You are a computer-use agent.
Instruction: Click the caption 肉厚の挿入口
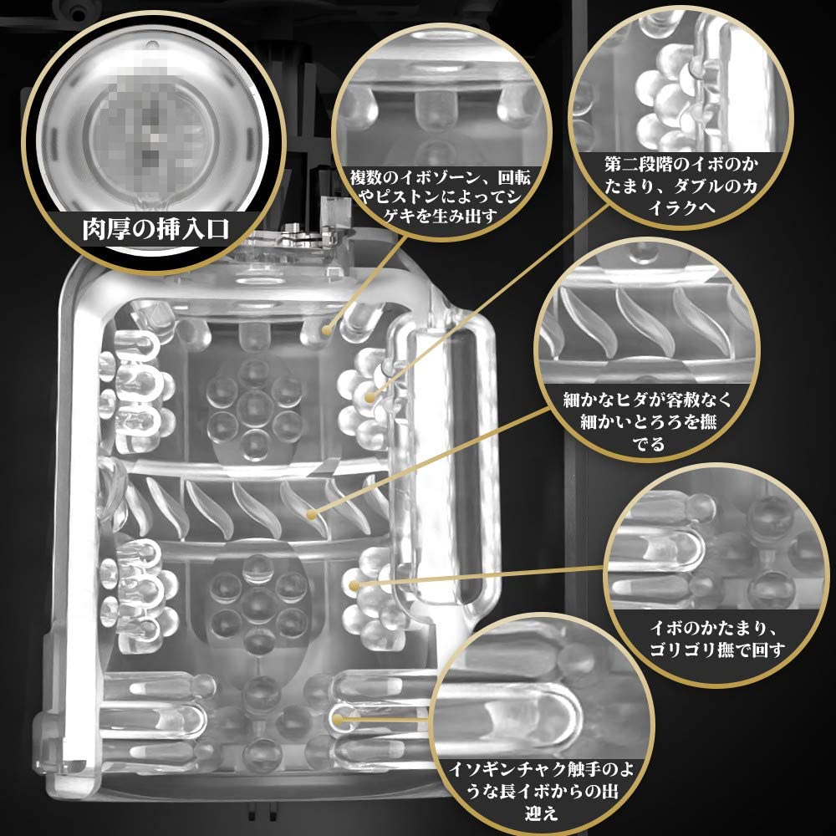coord(155,229)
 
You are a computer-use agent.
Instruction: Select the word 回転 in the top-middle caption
coord(514,177)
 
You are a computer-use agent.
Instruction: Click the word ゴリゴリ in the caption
coord(683,650)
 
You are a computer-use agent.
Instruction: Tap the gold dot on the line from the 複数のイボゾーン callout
coord(326,330)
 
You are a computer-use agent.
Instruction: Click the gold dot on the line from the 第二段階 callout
coord(369,396)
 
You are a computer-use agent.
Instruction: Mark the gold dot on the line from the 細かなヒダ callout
coord(312,514)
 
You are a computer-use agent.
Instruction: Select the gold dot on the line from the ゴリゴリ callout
coord(354,586)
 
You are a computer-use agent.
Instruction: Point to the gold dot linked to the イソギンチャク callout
coord(337,720)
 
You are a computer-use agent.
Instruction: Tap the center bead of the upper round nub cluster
coord(254,407)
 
